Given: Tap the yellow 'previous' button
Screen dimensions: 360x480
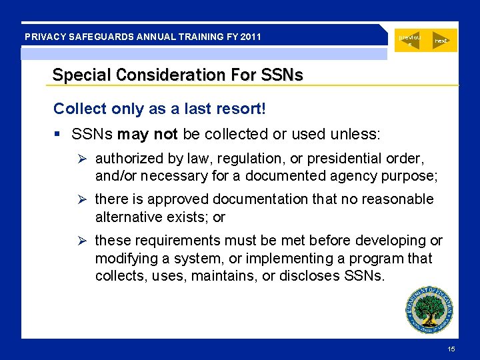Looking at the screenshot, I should [410, 40].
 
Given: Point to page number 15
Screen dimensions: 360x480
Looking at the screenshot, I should [451, 350].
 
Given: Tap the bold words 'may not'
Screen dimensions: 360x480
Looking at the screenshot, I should [147, 134].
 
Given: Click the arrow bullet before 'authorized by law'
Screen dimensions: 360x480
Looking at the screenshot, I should [83, 159].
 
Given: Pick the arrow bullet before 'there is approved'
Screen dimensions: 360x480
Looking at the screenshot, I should [83, 199].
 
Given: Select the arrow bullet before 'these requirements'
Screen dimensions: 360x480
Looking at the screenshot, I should [83, 241].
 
